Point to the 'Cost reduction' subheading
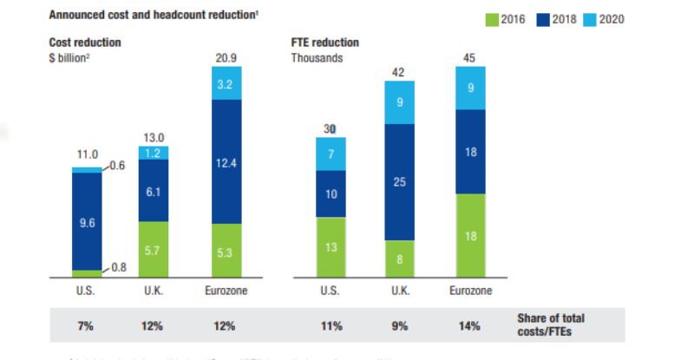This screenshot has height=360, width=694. point(85,43)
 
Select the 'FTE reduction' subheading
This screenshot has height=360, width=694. point(325,43)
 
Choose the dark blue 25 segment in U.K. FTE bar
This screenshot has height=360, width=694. point(400,182)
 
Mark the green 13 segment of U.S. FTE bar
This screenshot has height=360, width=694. point(330,246)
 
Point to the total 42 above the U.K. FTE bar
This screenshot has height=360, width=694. point(400,72)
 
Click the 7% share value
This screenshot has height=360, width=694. point(87,326)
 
